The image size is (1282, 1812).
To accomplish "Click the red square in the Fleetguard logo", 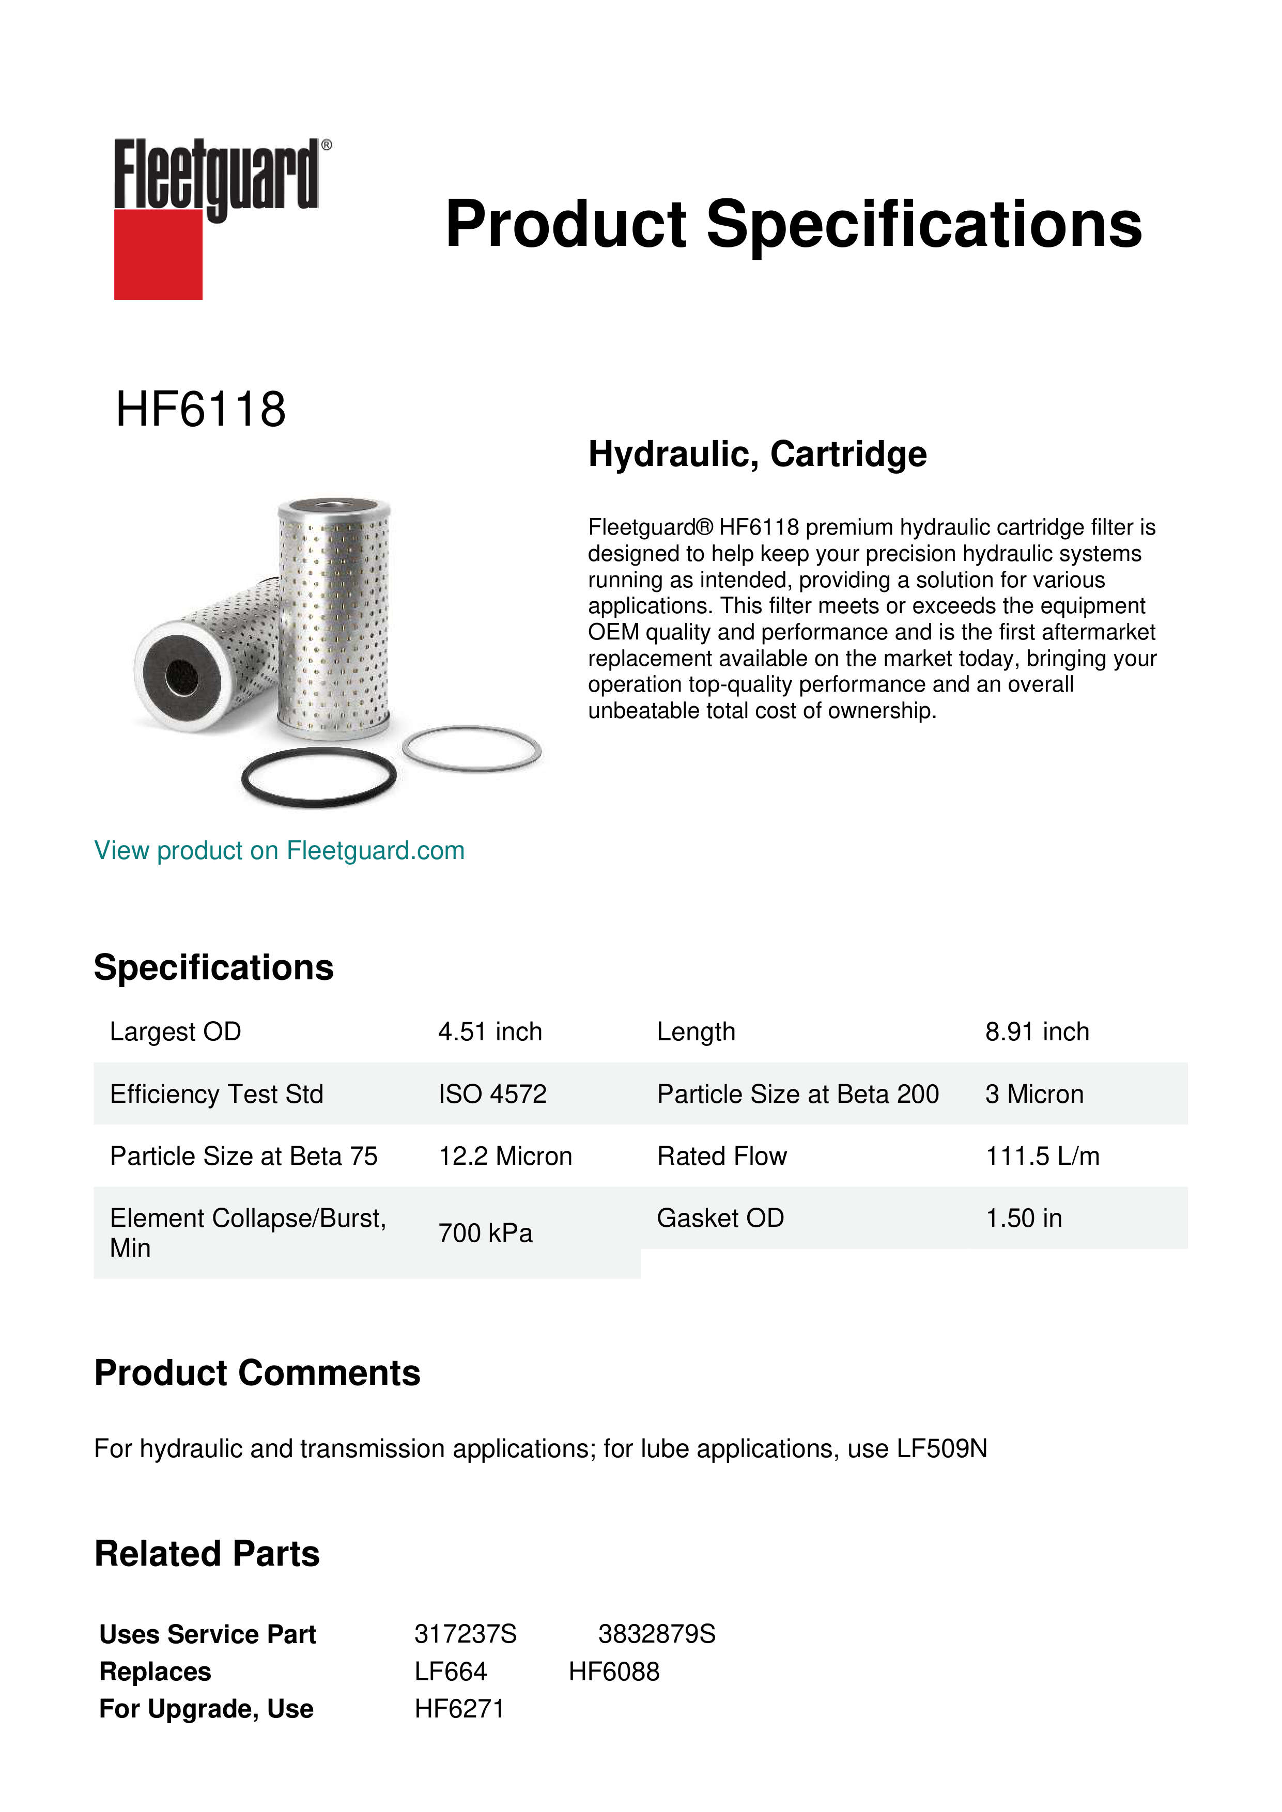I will click(158, 254).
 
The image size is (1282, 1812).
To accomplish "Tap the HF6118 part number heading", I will click(200, 410).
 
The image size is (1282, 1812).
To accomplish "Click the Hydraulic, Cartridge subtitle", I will click(757, 454).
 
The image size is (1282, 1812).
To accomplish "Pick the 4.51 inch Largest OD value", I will click(490, 1032).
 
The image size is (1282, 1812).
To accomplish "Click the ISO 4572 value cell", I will click(492, 1094).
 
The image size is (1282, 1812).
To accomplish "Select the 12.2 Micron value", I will click(505, 1156).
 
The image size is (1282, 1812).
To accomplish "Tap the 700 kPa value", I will click(486, 1233).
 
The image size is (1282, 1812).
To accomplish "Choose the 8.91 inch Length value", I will click(1037, 1032).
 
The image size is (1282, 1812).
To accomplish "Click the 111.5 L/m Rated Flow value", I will click(1042, 1156).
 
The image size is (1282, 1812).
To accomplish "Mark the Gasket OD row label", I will click(720, 1218).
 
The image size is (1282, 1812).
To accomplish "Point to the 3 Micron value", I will click(1034, 1094).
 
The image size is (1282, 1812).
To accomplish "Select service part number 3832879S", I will click(656, 1634).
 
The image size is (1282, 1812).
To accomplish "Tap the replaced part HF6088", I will click(613, 1672).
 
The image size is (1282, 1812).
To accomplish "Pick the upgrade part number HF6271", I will click(459, 1709).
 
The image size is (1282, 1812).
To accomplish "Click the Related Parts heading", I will click(207, 1553).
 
